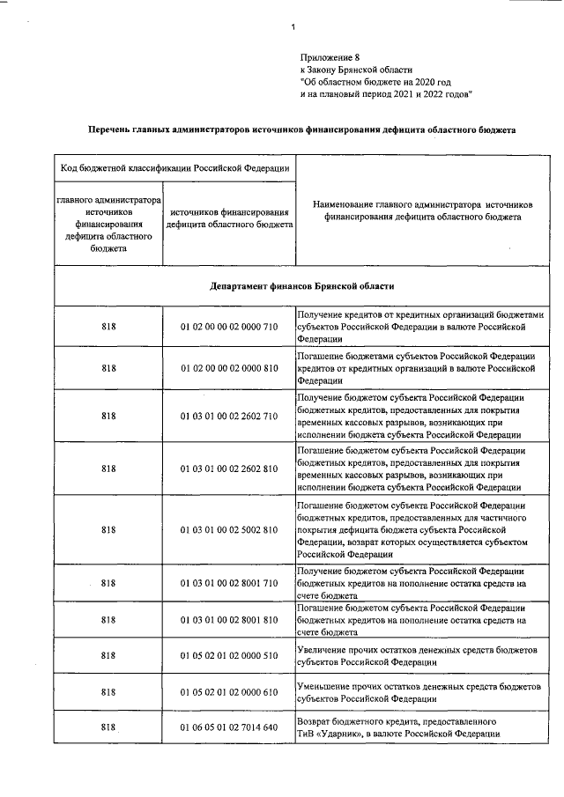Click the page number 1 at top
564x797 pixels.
(x=293, y=26)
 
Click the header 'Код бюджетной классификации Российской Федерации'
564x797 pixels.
(x=174, y=168)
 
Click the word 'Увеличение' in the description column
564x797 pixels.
(x=325, y=649)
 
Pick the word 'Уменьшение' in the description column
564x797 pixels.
(x=327, y=686)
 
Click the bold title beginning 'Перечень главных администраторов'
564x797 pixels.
(x=301, y=129)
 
